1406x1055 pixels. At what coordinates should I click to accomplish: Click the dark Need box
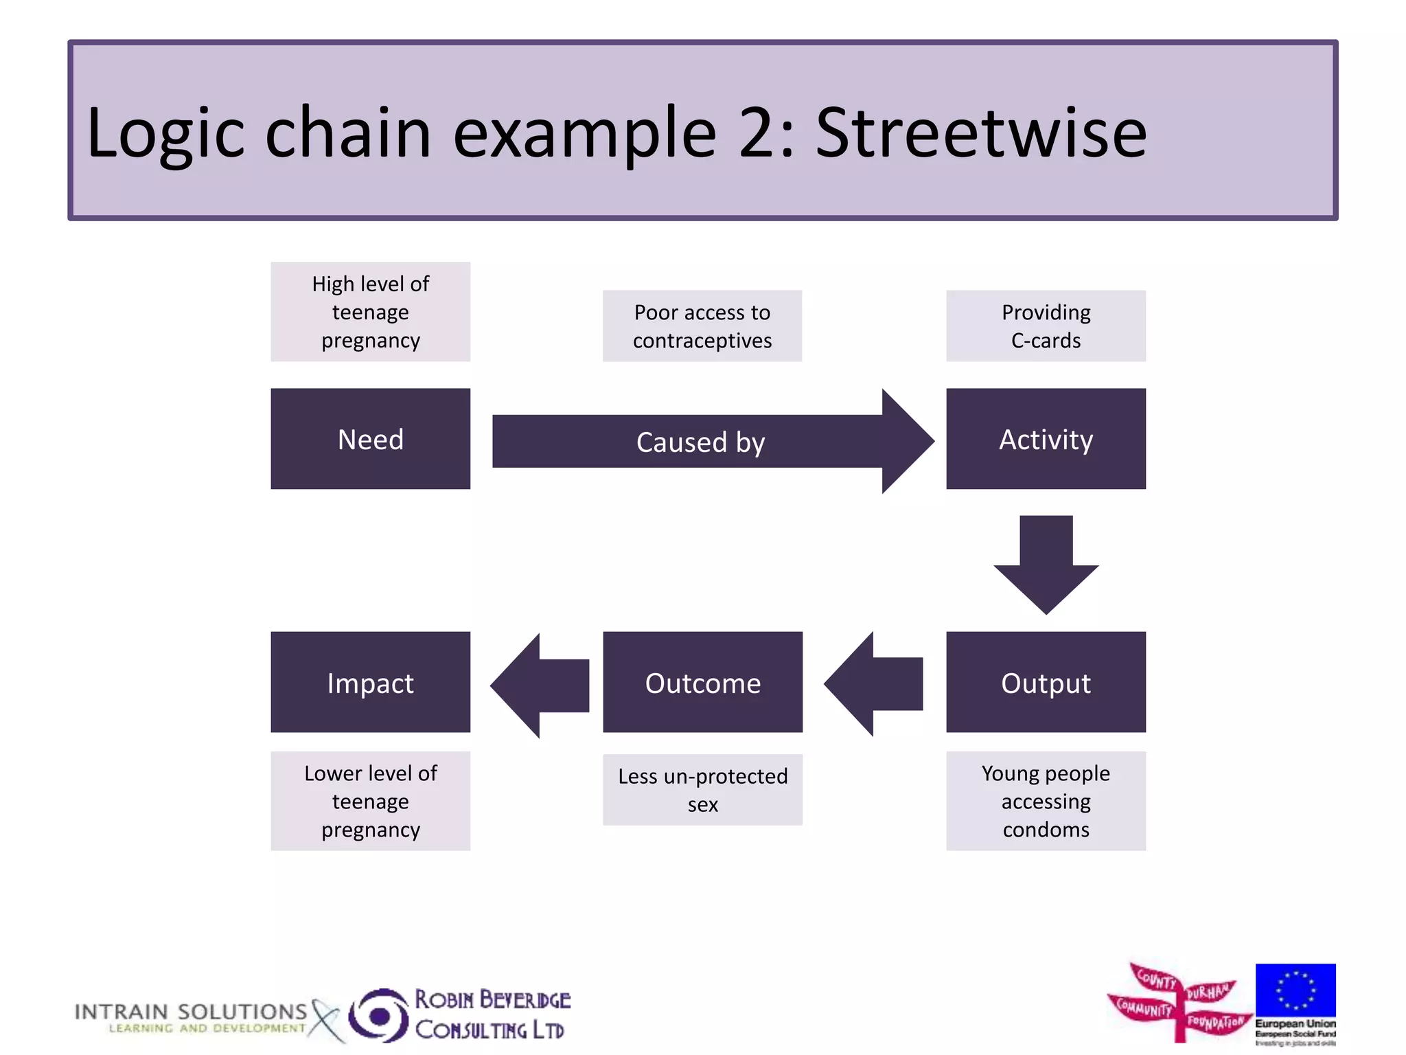370,439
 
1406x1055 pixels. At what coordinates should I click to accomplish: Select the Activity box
1046,439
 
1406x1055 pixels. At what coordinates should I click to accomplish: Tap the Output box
1046,682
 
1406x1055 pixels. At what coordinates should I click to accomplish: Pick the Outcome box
702,682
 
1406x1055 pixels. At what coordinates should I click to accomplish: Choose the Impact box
370,682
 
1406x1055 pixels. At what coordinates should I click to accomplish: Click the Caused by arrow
700,442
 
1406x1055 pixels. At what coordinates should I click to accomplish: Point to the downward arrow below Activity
1046,563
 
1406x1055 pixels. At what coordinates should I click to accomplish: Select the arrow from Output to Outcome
875,684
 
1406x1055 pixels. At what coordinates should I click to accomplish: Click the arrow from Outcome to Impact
542,685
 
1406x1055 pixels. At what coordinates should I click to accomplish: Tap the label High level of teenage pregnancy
370,312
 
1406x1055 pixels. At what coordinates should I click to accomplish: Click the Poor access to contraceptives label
702,326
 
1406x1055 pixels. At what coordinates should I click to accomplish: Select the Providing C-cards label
1046,326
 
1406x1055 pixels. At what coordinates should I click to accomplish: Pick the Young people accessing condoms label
1046,801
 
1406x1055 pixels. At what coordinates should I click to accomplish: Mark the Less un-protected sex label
702,790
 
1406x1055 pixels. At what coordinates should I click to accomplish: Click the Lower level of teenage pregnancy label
370,801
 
